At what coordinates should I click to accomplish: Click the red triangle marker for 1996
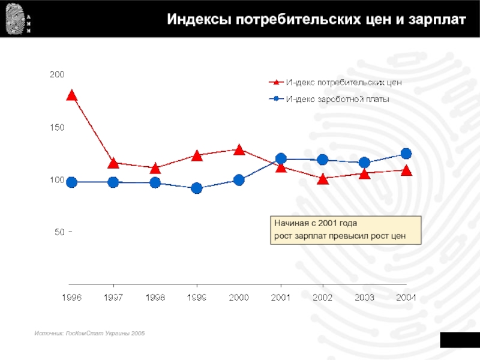[x=71, y=95]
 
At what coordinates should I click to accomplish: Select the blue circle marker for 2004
[x=406, y=154]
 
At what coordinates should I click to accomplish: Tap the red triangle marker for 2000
[x=239, y=149]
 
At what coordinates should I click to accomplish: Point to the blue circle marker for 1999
[x=197, y=188]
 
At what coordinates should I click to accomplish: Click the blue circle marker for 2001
[x=281, y=159]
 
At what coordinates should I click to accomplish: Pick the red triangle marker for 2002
[x=323, y=179]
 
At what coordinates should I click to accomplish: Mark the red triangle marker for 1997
[x=113, y=163]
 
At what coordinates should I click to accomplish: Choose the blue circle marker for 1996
[x=71, y=182]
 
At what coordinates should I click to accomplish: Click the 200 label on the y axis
[x=56, y=74]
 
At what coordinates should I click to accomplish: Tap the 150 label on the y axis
[x=56, y=127]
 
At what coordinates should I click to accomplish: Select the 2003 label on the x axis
[x=364, y=297]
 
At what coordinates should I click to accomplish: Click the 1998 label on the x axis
[x=155, y=297]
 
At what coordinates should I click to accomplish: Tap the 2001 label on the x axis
[x=281, y=297]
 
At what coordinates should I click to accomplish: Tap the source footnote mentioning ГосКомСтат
[x=89, y=332]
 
